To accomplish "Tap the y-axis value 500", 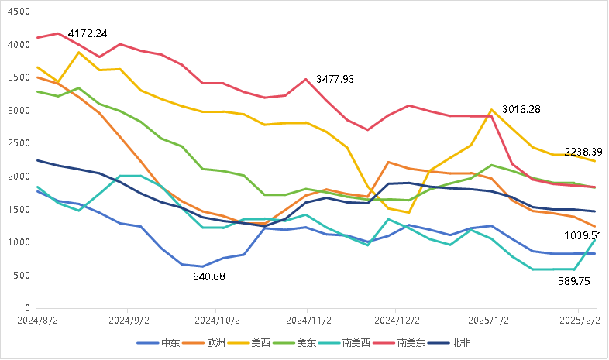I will pos(22,276).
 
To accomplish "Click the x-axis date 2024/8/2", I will pos(37,319).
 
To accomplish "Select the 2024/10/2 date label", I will pos(218,319).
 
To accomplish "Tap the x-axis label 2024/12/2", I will pos(398,319).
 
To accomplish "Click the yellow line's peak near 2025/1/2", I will pos(491,110).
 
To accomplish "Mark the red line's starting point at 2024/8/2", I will pos(37,37).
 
